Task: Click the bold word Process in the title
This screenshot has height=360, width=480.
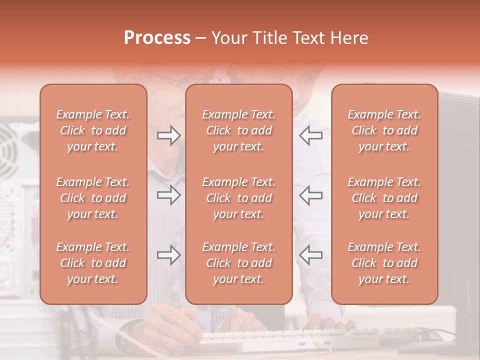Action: click(x=157, y=38)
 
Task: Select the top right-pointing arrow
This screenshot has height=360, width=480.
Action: click(x=168, y=135)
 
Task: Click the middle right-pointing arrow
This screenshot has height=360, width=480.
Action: click(x=168, y=195)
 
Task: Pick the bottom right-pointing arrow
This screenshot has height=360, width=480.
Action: click(x=168, y=255)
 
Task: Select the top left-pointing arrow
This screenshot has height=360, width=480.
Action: click(x=310, y=135)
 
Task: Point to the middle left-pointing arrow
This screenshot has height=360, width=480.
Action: click(x=310, y=195)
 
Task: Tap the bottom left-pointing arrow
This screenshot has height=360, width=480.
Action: click(x=310, y=255)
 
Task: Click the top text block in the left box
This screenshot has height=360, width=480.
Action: click(x=93, y=130)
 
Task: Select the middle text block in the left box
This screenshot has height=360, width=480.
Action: click(x=93, y=198)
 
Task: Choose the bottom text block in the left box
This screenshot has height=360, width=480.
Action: click(x=93, y=263)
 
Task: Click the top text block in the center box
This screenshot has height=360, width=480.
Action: click(x=239, y=130)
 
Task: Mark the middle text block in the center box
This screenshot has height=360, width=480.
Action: click(x=239, y=198)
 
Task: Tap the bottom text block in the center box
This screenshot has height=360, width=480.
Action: click(x=239, y=263)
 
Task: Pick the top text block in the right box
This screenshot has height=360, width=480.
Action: click(x=384, y=130)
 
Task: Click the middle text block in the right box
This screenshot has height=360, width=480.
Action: click(x=384, y=198)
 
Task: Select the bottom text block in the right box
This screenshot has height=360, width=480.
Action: click(x=384, y=263)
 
